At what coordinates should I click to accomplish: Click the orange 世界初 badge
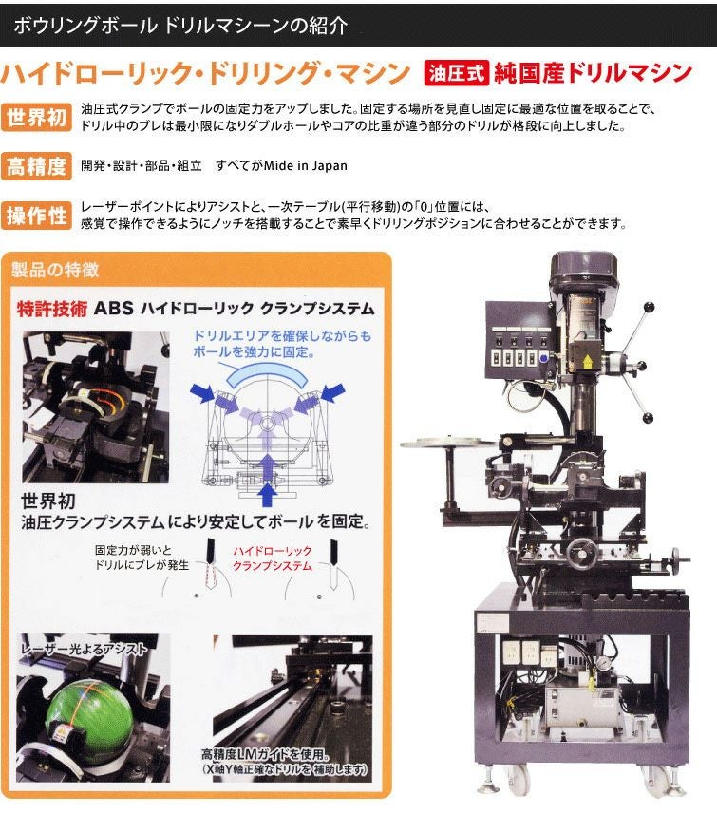tap(36, 117)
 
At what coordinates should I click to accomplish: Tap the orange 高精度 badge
tap(36, 166)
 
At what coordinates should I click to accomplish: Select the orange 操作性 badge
tap(36, 216)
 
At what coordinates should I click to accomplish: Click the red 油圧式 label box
tap(456, 73)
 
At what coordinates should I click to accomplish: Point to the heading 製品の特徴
tap(55, 270)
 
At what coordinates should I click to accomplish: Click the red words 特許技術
tap(51, 309)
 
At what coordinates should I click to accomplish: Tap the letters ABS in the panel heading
tap(114, 309)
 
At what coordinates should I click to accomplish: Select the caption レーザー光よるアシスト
tap(84, 649)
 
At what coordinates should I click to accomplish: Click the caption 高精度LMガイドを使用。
tap(265, 754)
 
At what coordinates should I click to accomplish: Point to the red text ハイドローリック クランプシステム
tap(273, 558)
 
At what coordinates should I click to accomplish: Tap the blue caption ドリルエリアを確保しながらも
tap(282, 336)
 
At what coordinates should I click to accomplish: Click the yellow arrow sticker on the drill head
tap(588, 361)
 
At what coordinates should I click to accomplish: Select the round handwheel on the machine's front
tap(583, 555)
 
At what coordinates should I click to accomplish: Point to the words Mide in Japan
tap(306, 165)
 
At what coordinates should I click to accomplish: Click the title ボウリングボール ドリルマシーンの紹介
tap(180, 26)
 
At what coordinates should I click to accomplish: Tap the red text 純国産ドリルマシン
tap(593, 73)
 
